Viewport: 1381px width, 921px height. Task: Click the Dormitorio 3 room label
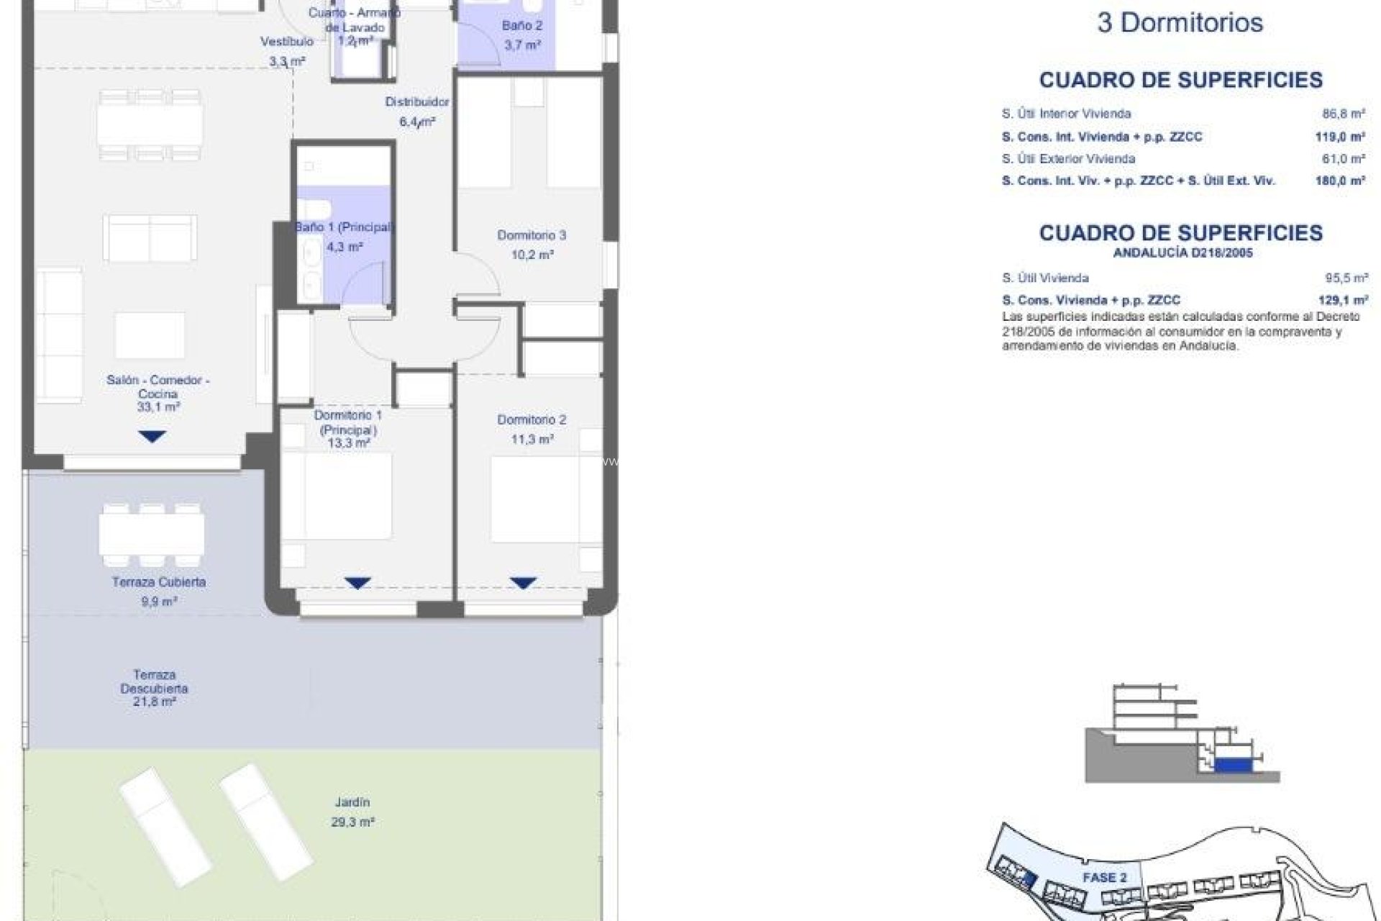532,235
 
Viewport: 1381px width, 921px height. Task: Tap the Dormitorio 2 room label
532,419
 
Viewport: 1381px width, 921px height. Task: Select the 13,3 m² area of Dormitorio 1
348,443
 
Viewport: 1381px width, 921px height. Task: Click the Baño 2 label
522,26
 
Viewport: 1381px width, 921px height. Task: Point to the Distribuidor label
416,102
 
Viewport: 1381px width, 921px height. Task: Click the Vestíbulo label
287,42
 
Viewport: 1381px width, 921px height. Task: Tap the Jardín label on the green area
352,802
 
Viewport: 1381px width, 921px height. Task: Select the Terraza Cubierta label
159,582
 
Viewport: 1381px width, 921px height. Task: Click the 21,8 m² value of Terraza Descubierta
154,702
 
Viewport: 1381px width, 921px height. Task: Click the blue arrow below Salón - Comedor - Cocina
152,436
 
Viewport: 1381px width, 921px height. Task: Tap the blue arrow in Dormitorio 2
523,583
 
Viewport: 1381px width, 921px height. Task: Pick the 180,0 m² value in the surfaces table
1340,181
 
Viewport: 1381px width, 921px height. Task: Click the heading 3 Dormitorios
1180,23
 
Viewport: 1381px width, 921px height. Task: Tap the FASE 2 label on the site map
1104,877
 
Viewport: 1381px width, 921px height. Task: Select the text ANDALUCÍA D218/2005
1182,253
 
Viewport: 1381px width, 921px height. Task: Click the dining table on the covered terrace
151,535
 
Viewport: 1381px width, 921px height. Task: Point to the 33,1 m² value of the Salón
158,407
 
